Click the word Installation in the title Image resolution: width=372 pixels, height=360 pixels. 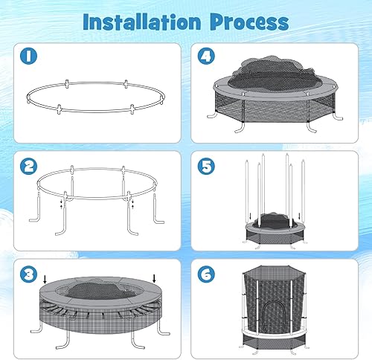click(x=141, y=21)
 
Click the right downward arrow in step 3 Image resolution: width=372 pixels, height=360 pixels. click(x=155, y=279)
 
